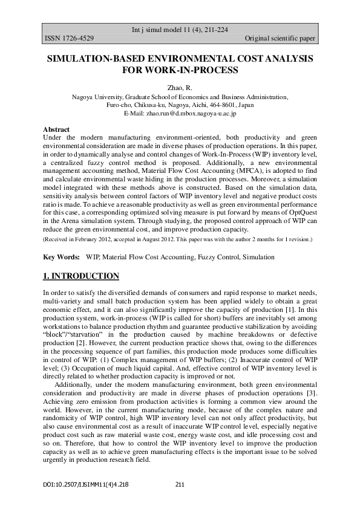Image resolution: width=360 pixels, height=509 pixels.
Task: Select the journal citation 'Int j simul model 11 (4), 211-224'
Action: click(x=180, y=30)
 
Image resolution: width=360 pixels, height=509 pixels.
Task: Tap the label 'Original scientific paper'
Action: click(x=280, y=39)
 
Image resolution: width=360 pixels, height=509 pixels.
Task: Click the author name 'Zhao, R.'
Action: click(x=179, y=88)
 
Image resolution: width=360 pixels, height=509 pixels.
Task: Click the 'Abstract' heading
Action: click(x=56, y=129)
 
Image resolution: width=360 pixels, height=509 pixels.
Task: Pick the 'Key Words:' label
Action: click(x=62, y=257)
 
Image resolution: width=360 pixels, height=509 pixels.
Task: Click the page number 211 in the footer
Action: click(x=179, y=484)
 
